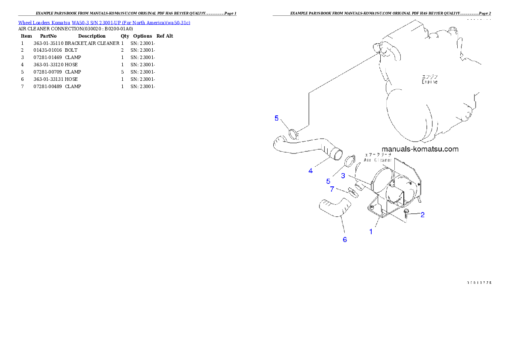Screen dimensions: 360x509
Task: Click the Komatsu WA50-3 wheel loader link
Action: tap(104, 22)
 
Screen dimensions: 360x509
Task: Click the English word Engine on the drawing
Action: tap(429, 82)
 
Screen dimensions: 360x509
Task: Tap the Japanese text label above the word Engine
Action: tap(429, 77)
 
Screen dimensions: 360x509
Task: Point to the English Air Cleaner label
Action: tap(378, 160)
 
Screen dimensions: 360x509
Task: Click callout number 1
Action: tap(371, 232)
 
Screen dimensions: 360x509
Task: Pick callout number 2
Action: tap(422, 215)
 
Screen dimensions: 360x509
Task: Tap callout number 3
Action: tap(343, 175)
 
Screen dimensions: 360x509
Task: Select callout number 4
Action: tap(311, 171)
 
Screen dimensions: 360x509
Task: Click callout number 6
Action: tap(345, 239)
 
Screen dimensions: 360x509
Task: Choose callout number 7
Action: tap(331, 189)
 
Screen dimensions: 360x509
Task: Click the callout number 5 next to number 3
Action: tap(328, 181)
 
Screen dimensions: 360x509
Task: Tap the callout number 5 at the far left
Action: tap(277, 118)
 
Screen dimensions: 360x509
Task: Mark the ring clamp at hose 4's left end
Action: tap(293, 134)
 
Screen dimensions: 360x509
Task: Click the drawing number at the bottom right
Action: tap(478, 283)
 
